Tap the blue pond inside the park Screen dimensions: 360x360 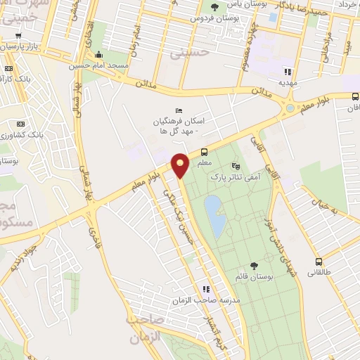pos(214,215)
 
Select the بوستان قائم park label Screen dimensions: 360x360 pos(253,276)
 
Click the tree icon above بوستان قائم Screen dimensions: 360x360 pos(254,265)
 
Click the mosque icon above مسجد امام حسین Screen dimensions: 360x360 pos(99,55)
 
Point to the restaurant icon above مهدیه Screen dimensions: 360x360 pos(287,71)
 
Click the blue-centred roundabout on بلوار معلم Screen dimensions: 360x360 pos(290,108)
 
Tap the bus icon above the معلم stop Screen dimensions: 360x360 pos(204,152)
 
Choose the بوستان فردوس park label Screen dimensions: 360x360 pos(214,18)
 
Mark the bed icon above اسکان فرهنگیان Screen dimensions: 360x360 pos(178,110)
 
